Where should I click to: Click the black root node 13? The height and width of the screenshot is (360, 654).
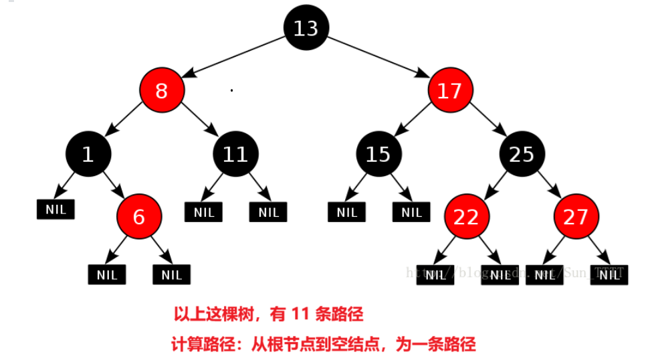pos(306,28)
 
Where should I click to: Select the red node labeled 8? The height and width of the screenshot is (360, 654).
pos(161,91)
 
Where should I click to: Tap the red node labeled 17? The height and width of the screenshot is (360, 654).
pos(450,91)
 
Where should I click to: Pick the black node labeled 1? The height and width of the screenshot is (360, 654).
pos(88,155)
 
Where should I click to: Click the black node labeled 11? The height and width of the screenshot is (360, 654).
pos(235,155)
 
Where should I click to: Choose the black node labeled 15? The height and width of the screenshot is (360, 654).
pos(378,155)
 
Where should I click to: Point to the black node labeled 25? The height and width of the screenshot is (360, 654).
pos(522,155)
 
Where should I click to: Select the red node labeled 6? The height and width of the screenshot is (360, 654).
pos(138,217)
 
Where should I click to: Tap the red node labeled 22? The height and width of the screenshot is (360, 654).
pos(467,217)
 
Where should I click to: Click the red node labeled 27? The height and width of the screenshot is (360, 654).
pos(575,217)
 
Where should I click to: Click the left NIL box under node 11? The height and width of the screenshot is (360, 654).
pos(203,213)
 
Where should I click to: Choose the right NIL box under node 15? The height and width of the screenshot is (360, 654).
pos(412,213)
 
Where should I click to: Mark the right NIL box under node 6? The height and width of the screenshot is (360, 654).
pos(171,274)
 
